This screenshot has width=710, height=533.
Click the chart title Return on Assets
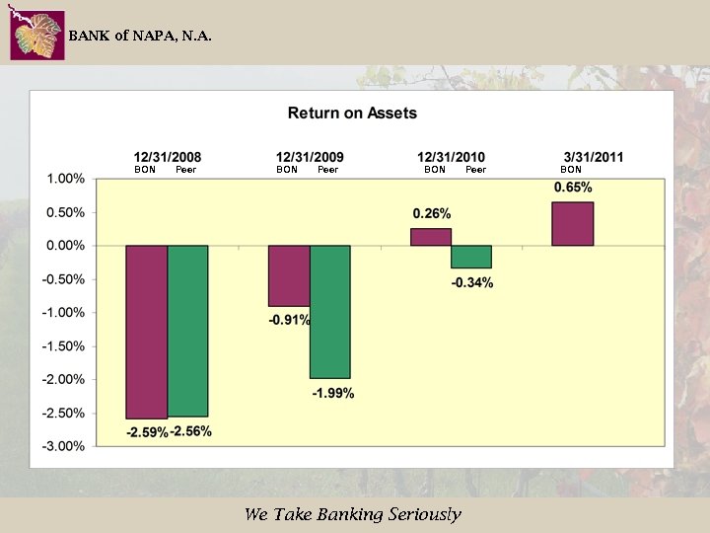pyautogui.click(x=352, y=113)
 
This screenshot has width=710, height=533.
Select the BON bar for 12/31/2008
pyautogui.click(x=146, y=332)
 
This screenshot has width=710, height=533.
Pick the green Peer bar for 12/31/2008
pyautogui.click(x=187, y=331)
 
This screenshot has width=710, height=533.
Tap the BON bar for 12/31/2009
pyautogui.click(x=289, y=275)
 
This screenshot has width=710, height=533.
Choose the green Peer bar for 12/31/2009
pyautogui.click(x=330, y=311)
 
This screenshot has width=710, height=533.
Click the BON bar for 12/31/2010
pyautogui.click(x=431, y=237)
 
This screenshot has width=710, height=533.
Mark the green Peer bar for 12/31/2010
pyautogui.click(x=471, y=257)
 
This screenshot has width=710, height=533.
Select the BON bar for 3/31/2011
pyautogui.click(x=573, y=223)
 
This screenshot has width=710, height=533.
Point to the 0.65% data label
pyautogui.click(x=573, y=188)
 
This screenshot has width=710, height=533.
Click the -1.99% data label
pyautogui.click(x=333, y=393)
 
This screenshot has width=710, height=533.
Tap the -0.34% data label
pyautogui.click(x=473, y=283)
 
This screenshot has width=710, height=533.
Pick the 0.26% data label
pyautogui.click(x=431, y=213)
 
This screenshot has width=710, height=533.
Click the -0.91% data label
pyautogui.click(x=289, y=320)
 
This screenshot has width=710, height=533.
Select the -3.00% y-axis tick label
pyautogui.click(x=63, y=446)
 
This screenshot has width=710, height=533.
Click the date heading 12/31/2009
pyautogui.click(x=310, y=157)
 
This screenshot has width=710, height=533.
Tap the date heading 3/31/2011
pyautogui.click(x=594, y=157)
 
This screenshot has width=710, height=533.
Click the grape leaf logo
pyautogui.click(x=37, y=36)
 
